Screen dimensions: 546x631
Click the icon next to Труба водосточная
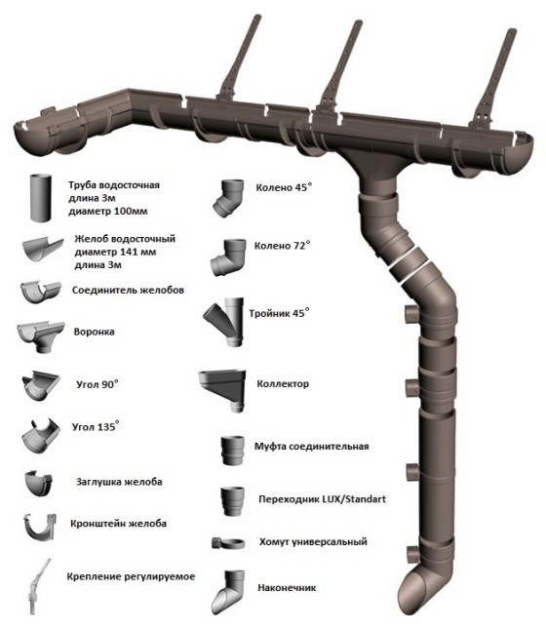click(41, 198)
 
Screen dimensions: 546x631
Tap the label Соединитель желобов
click(128, 291)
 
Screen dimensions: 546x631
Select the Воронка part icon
click(41, 336)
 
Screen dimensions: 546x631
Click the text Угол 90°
click(97, 384)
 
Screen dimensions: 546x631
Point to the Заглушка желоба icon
click(39, 482)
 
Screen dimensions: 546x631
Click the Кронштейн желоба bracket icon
click(39, 528)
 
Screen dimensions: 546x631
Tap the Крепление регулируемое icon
click(39, 586)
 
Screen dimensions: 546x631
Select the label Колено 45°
click(284, 187)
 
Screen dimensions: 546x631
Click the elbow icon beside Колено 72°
click(228, 257)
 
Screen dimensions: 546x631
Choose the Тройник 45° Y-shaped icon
click(223, 322)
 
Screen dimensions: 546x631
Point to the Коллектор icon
click(222, 390)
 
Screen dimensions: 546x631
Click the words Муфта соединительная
click(311, 447)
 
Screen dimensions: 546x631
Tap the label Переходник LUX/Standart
click(323, 499)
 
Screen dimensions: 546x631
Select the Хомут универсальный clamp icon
click(228, 543)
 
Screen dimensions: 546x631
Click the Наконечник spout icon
click(228, 592)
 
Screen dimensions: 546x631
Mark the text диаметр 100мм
click(108, 212)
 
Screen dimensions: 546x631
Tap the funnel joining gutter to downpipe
click(376, 169)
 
